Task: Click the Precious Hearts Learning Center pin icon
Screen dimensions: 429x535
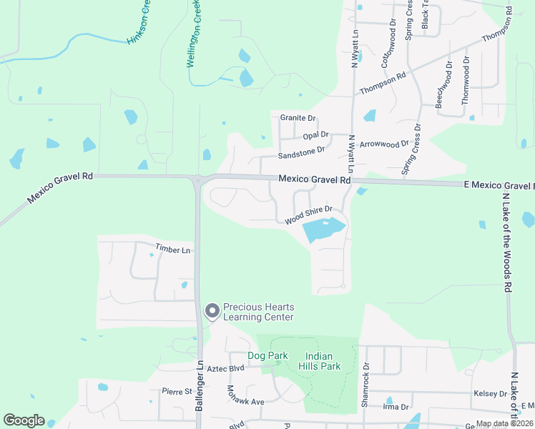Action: click(212, 311)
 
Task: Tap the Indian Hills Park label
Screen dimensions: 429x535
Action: click(323, 361)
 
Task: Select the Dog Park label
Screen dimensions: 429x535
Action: click(267, 355)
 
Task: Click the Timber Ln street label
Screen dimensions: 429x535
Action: click(174, 250)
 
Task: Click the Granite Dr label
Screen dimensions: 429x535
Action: click(298, 118)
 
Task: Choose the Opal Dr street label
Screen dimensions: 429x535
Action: click(315, 134)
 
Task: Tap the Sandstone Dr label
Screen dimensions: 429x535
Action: click(302, 150)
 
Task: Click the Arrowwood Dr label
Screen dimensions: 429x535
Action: click(384, 143)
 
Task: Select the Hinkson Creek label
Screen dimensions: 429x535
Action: click(139, 25)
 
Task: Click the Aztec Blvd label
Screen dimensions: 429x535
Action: click(225, 368)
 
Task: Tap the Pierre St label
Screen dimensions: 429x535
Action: click(177, 391)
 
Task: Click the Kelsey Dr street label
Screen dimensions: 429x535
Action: click(490, 394)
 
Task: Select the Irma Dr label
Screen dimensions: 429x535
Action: click(396, 407)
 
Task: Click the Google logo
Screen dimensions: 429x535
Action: click(24, 420)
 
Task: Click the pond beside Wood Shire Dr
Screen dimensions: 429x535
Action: click(324, 230)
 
